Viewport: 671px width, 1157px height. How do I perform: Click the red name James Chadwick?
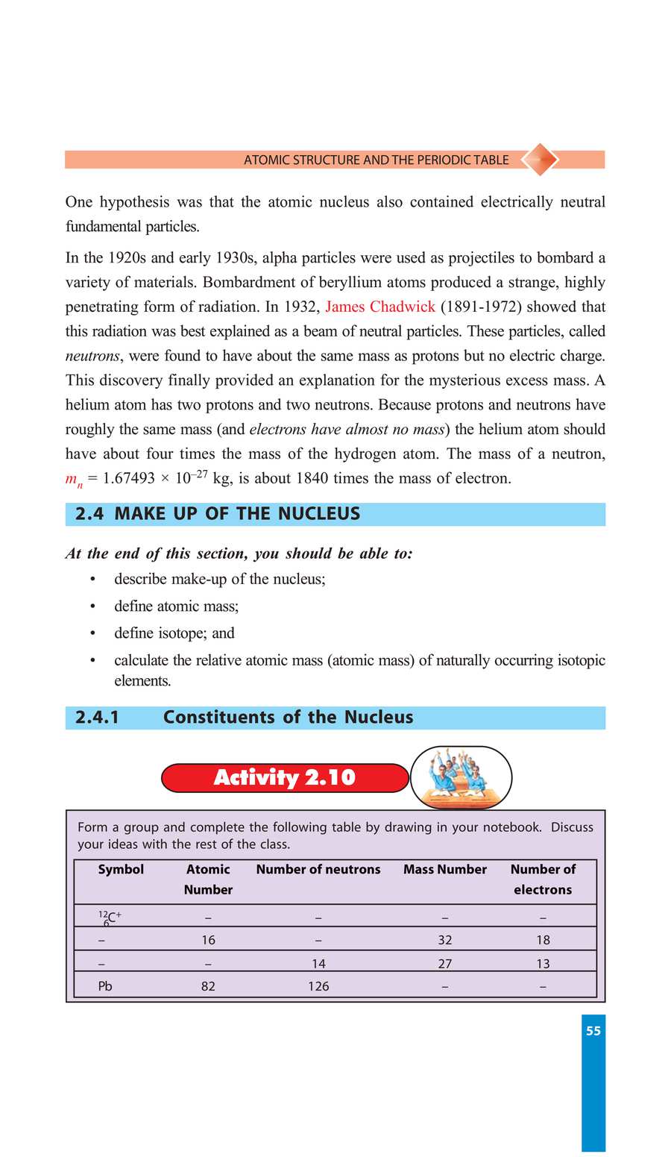coord(380,307)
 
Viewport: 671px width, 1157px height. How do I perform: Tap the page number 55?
coord(593,1031)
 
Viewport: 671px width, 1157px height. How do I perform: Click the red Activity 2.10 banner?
coord(285,777)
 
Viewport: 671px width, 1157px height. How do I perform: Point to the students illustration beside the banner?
coord(461,777)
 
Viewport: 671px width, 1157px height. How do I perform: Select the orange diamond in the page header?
coord(539,159)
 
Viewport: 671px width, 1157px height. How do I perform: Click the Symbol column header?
coord(121,869)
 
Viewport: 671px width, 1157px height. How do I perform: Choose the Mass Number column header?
coord(444,869)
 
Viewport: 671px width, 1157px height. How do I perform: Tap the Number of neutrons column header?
coord(318,869)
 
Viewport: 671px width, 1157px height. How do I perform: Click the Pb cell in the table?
coord(105,986)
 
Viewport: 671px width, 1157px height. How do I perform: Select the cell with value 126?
coord(318,986)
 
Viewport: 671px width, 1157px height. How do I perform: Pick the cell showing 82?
coord(208,986)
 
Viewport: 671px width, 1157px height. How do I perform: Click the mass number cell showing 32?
coord(444,940)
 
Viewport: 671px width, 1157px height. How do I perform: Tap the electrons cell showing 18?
coord(543,940)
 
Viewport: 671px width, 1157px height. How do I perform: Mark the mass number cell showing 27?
coord(444,964)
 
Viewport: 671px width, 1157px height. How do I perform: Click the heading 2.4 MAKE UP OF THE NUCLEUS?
coord(218,514)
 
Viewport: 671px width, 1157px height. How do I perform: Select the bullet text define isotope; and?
coord(174,633)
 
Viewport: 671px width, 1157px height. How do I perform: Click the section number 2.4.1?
coord(97,717)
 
